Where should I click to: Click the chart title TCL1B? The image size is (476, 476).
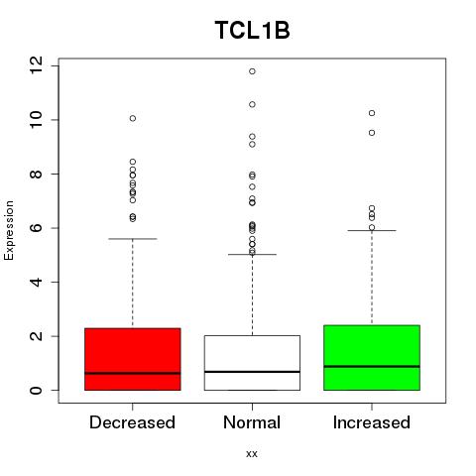pos(252,30)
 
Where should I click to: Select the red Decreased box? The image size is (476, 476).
pos(133,359)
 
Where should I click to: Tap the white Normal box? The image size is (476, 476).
pos(252,363)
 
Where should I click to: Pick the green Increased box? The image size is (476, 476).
pos(372,358)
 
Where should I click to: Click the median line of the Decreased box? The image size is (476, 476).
pos(133,373)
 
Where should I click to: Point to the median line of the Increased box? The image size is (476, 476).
pos(372,366)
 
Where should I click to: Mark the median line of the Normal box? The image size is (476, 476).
pos(252,372)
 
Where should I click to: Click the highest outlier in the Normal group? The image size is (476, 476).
pos(252,71)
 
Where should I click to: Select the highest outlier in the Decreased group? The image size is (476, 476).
pos(133,118)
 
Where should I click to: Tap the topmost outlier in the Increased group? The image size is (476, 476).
pos(372,113)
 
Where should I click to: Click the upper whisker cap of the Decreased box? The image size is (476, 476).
pos(133,239)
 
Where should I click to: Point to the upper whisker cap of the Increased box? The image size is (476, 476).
pos(372,230)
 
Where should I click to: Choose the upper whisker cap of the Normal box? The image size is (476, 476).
pos(252,255)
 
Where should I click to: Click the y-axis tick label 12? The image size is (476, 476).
pos(36,65)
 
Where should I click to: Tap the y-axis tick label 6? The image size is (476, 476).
pos(36,228)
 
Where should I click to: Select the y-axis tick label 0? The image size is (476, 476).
pos(36,391)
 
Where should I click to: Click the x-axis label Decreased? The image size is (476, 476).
pos(132,422)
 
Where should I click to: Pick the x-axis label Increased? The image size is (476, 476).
pos(372,422)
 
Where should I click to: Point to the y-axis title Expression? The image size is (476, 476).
pos(9,230)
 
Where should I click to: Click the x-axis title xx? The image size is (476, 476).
pos(252,454)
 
